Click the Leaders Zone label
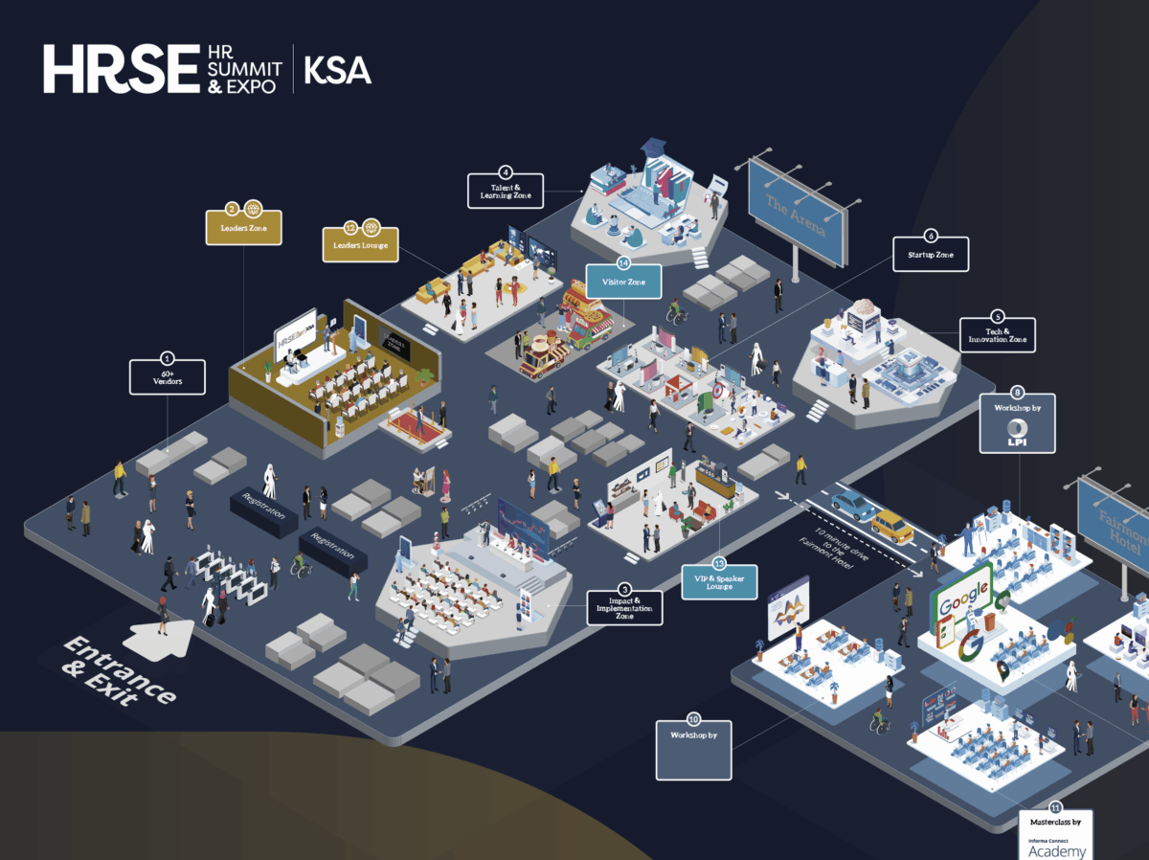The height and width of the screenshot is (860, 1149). click(x=244, y=229)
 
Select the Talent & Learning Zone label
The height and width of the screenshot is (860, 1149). click(x=506, y=192)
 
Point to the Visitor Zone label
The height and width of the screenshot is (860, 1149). click(x=623, y=282)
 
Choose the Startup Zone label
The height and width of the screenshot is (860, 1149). click(x=931, y=255)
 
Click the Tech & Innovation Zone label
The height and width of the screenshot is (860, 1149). click(x=998, y=335)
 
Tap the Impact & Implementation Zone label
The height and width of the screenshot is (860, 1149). click(x=624, y=607)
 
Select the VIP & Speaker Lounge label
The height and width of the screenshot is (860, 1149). click(x=719, y=580)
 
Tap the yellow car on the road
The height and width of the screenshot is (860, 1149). click(x=892, y=525)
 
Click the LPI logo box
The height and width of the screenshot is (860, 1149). click(x=1018, y=434)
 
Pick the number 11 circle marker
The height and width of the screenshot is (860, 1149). click(x=1056, y=806)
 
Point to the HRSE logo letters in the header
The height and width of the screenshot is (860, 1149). click(x=120, y=70)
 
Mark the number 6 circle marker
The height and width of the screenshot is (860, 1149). click(x=930, y=235)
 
